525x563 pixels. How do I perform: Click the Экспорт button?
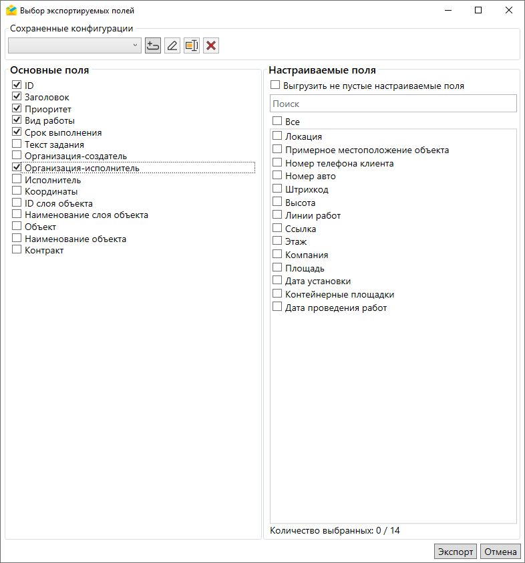455,552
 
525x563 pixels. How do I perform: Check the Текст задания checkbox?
17,144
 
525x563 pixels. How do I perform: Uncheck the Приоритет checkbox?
17,109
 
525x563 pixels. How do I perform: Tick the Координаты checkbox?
17,191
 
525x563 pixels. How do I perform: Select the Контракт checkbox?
17,250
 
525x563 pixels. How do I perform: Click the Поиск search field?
393,104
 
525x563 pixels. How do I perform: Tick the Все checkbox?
277,122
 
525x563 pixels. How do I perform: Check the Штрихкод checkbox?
277,189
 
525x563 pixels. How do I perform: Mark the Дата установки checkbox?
277,281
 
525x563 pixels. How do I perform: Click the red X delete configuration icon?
211,45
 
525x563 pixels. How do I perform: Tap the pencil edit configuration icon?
172,45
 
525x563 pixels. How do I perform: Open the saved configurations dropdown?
74,45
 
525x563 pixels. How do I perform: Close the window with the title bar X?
509,10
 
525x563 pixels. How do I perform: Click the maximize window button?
478,10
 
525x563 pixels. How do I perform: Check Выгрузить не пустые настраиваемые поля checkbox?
275,86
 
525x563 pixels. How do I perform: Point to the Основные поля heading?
49,70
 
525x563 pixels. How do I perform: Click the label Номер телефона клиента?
339,163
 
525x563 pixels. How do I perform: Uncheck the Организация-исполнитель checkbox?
17,168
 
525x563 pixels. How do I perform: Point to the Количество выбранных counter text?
335,531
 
